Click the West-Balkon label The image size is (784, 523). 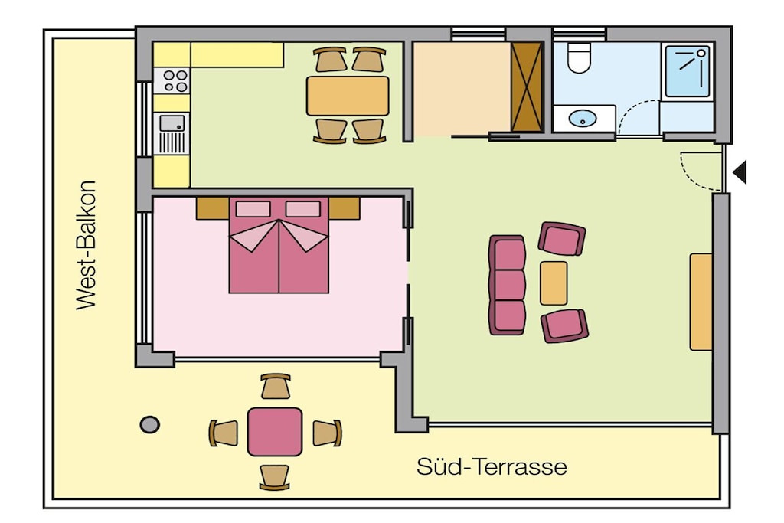tap(85, 245)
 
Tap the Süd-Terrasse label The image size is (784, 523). tap(492, 466)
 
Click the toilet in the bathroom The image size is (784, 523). tap(580, 57)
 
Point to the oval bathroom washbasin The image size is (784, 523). tap(583, 119)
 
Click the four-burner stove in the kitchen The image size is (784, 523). tap(171, 81)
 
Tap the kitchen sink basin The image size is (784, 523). tap(172, 123)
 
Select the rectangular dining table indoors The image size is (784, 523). tap(348, 96)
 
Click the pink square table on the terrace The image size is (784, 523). tap(275, 432)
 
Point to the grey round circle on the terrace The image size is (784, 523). tap(149, 425)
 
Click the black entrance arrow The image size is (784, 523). tap(740, 172)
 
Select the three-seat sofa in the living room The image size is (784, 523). tap(507, 285)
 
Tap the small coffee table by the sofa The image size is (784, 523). tap(554, 283)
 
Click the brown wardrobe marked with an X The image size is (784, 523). tap(527, 87)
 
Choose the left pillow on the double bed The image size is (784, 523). tap(253, 209)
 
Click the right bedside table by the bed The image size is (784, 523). tap(344, 208)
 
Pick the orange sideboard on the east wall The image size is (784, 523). tap(701, 302)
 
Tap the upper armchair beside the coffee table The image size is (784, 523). tap(562, 238)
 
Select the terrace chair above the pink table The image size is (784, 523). tap(276, 386)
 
